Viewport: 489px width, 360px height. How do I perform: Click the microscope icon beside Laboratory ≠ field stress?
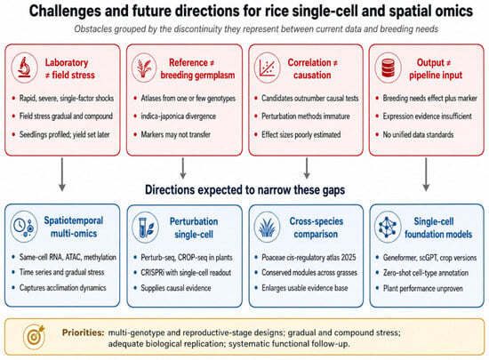point(24,68)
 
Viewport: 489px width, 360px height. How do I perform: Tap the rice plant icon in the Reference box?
point(144,68)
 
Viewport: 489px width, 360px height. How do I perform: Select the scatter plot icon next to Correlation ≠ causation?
point(267,68)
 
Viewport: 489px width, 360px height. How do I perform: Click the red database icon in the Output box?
point(389,68)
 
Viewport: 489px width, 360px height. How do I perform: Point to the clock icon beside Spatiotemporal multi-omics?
point(24,226)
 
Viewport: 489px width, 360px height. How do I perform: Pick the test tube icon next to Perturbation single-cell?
point(145,227)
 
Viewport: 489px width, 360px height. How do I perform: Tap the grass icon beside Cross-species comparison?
point(268,227)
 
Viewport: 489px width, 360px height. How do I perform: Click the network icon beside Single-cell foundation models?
point(388,227)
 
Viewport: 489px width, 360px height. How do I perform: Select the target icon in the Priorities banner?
point(35,336)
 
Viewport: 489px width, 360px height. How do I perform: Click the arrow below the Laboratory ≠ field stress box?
point(62,174)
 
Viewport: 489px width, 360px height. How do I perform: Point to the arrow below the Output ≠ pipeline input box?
point(426,174)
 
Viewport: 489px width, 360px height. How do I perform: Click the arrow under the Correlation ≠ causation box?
point(307,168)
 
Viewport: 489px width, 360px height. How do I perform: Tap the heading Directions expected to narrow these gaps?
point(245,189)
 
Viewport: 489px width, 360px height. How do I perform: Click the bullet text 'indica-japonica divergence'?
point(179,116)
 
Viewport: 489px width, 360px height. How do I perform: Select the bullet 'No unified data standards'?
point(418,134)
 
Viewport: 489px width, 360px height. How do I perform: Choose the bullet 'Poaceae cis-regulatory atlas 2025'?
point(309,258)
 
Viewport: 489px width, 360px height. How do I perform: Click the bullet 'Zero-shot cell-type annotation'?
point(426,273)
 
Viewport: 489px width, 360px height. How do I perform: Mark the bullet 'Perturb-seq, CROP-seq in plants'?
point(187,258)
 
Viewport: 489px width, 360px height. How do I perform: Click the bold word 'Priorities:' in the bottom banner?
point(83,332)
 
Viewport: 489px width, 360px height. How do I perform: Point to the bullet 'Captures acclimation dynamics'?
point(63,287)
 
